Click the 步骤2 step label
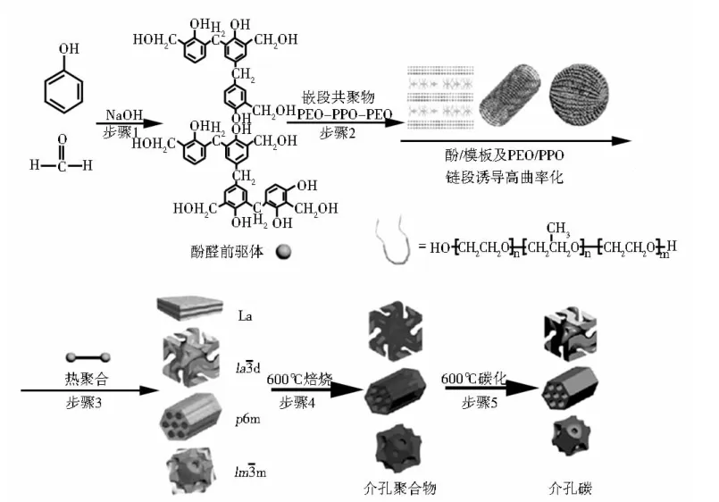[x=338, y=133]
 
